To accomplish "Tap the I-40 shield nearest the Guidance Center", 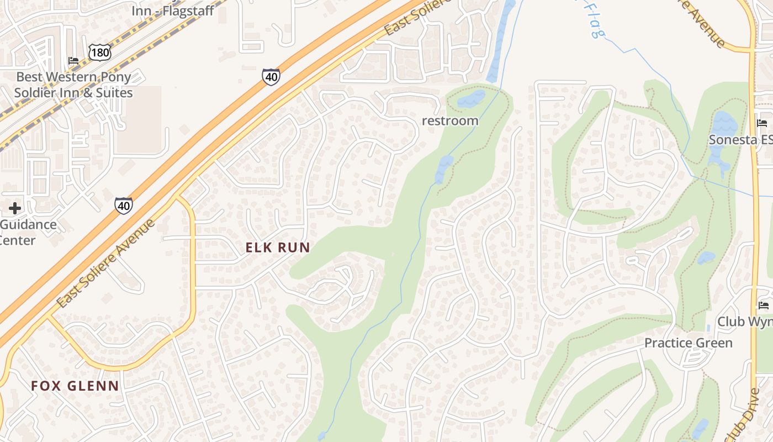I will point(124,206).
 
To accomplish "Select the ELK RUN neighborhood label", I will point(278,248).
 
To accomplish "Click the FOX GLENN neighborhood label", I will point(75,386).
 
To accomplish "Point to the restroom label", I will point(450,120).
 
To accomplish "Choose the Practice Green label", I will point(689,343).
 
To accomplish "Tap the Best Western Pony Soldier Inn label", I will point(73,85).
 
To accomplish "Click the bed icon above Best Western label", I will point(73,60).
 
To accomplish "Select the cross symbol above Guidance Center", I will point(15,208).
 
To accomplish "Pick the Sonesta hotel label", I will point(740,140).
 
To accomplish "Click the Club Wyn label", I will point(744,322).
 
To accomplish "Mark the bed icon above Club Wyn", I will point(764,305).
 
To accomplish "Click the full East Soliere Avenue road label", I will point(106,264).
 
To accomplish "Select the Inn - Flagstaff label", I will point(172,10).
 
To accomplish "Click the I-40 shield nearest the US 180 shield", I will point(271,77).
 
